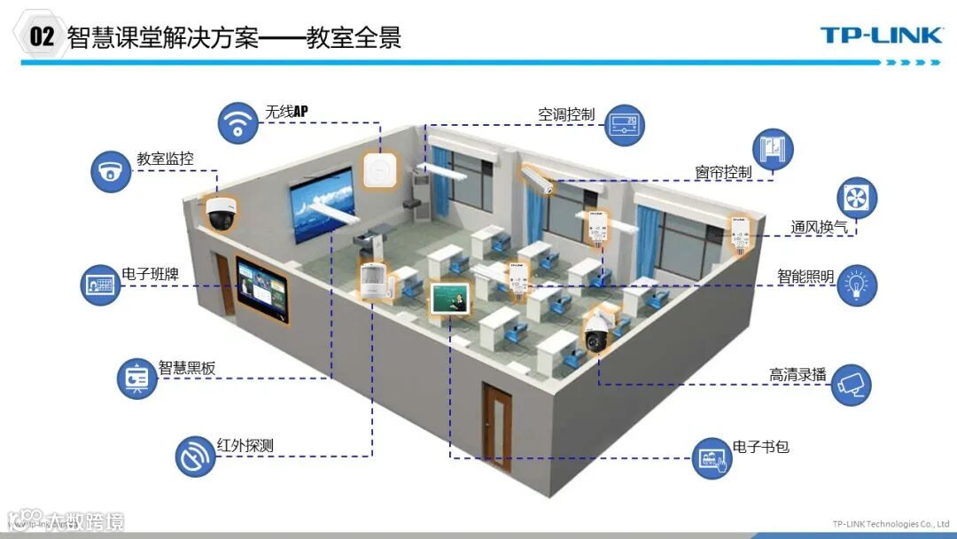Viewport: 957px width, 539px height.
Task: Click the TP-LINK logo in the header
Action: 880,35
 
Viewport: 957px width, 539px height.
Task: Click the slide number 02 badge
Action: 42,36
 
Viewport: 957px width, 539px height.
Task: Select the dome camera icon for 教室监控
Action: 111,171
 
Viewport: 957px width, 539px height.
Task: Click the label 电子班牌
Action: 150,274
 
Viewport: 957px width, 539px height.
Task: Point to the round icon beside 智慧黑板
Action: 136,379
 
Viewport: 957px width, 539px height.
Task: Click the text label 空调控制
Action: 566,115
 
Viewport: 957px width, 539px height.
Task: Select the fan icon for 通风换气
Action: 857,198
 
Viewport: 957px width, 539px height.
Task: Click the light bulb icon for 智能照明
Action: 857,285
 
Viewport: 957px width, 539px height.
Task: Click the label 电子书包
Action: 760,447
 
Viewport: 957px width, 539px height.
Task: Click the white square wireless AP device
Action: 379,169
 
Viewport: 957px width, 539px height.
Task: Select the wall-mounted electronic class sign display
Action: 262,287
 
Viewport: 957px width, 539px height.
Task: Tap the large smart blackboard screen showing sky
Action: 324,211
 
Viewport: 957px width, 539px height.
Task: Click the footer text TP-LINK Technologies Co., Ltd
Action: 891,523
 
